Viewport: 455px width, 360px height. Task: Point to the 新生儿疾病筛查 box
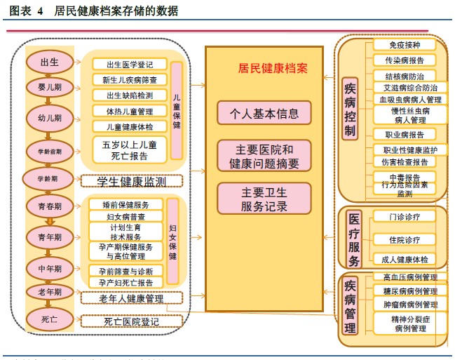(x=130, y=80)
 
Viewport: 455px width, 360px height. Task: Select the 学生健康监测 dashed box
(x=130, y=181)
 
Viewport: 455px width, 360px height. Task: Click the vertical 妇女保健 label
(x=174, y=242)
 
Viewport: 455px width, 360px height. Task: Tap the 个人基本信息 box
(x=264, y=112)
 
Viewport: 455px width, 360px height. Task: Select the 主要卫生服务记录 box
(x=264, y=199)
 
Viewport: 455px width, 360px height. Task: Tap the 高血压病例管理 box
(x=409, y=277)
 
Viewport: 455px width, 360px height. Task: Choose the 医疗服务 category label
(x=354, y=239)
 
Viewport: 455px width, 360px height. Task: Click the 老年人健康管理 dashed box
(x=130, y=299)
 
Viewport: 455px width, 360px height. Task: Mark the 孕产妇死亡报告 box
(x=126, y=283)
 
